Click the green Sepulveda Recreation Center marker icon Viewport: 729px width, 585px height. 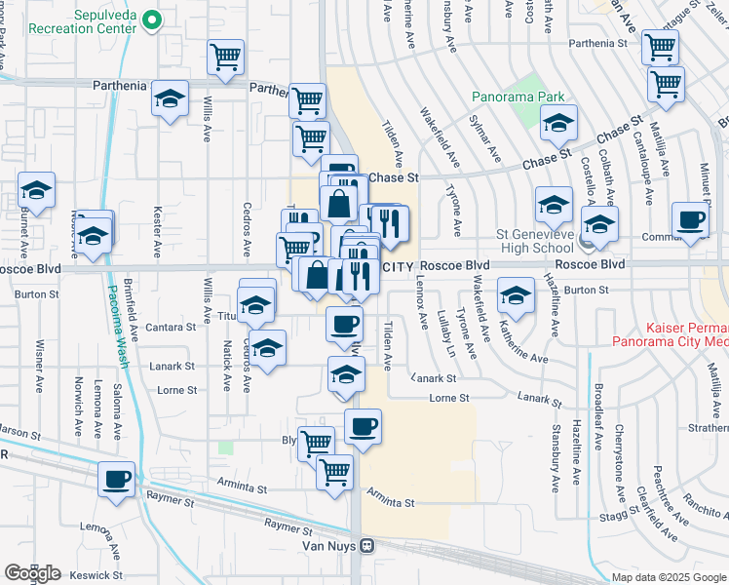(150, 19)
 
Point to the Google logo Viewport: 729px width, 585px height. (32, 572)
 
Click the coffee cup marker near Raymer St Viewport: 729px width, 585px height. (117, 479)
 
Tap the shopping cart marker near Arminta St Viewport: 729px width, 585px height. (334, 473)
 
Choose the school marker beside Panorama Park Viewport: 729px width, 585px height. (559, 124)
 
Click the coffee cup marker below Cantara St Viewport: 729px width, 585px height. (343, 323)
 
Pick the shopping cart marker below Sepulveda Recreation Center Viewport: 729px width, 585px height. (226, 58)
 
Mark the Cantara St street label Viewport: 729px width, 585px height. (172, 328)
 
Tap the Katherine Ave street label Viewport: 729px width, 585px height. (520, 337)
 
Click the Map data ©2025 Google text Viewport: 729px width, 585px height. (668, 577)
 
